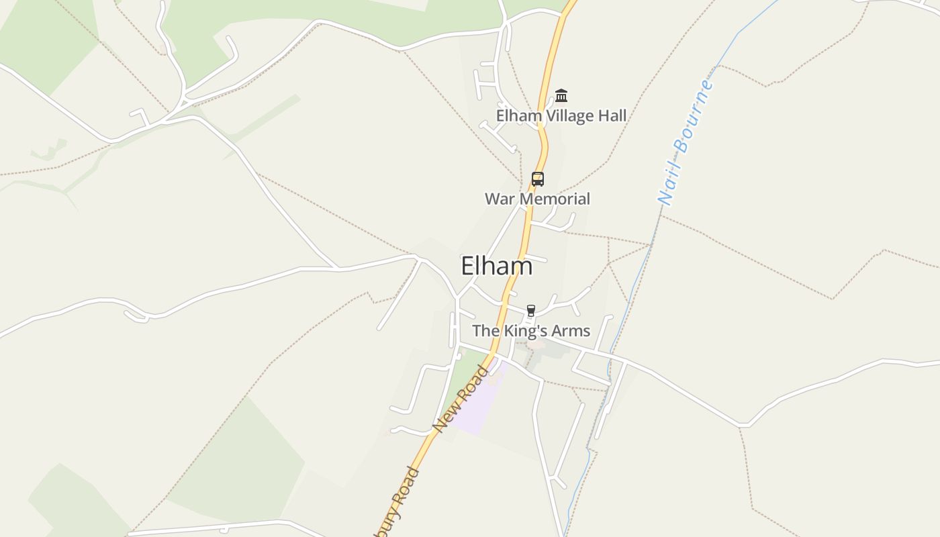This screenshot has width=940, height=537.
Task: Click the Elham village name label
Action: tap(496, 266)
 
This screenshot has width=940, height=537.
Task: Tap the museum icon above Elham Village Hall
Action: tap(561, 96)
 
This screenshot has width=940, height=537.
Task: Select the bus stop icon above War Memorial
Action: tap(537, 179)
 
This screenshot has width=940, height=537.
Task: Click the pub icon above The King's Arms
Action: tap(530, 310)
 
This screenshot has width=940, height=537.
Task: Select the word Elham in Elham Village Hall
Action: tap(518, 115)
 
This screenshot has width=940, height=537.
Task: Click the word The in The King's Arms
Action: tap(483, 330)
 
